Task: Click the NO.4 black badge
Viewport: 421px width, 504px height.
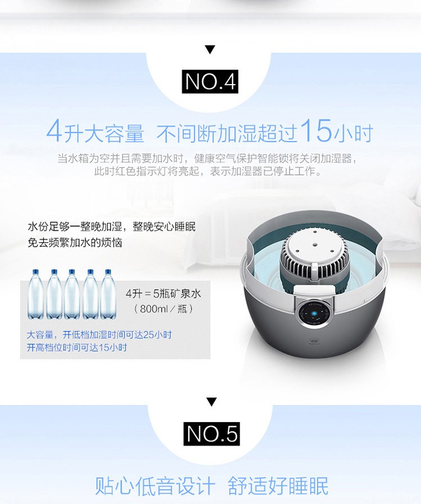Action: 210,81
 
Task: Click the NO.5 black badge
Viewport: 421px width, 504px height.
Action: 212,433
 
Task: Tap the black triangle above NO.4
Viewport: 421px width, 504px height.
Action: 210,49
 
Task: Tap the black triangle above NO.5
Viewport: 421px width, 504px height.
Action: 212,402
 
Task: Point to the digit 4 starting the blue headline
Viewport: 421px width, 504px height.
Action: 54,131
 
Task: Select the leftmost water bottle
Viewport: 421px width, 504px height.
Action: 35,294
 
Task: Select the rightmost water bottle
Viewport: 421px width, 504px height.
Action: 108,294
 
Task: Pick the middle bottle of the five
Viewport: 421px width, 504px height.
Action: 72,294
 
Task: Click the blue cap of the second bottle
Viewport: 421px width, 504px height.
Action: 54,271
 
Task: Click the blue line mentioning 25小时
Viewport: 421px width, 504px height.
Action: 99,335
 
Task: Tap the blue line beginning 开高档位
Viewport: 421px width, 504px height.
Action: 76,348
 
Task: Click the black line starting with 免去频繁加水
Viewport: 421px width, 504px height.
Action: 75,242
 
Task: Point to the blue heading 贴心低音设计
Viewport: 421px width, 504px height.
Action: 155,485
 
